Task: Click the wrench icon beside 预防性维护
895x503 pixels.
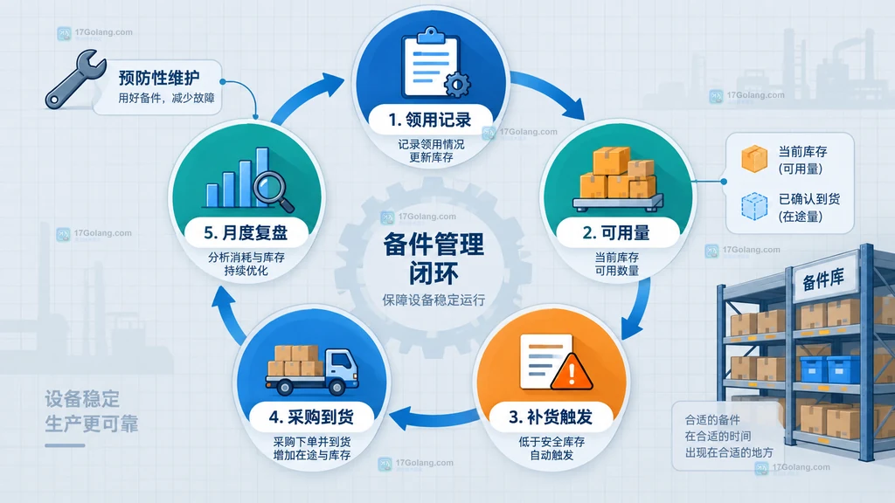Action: pyautogui.click(x=75, y=79)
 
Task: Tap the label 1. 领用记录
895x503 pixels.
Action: pyautogui.click(x=430, y=120)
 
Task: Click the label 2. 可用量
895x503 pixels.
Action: pyautogui.click(x=616, y=232)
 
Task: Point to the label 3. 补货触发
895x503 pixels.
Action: pyautogui.click(x=551, y=417)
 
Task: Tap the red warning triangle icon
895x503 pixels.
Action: pyautogui.click(x=572, y=372)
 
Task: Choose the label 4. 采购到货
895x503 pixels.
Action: pyautogui.click(x=311, y=417)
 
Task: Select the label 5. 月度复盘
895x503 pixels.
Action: pyautogui.click(x=246, y=232)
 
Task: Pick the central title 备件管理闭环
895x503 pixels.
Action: pyautogui.click(x=434, y=258)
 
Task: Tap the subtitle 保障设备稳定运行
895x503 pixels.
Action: pyautogui.click(x=434, y=300)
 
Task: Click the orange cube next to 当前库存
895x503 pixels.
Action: pyautogui.click(x=754, y=159)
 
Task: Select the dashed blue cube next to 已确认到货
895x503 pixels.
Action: pyautogui.click(x=754, y=206)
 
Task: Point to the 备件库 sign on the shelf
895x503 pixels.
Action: pyautogui.click(x=822, y=279)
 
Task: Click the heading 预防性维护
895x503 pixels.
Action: pyautogui.click(x=159, y=78)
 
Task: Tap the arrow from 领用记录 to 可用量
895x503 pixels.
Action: pyautogui.click(x=552, y=91)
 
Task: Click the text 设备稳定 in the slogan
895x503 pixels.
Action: pyautogui.click(x=82, y=398)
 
